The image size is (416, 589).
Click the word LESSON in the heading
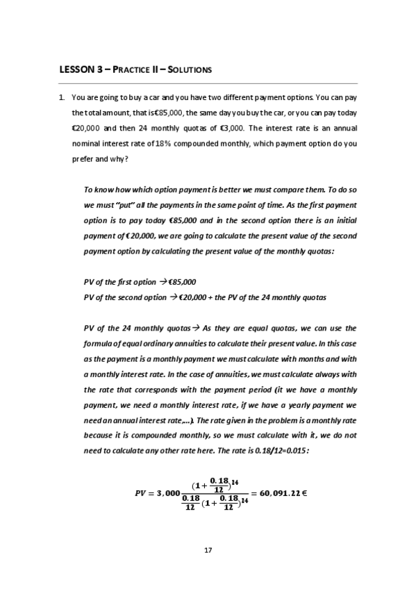pos(76,69)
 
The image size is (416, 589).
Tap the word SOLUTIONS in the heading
pos(188,69)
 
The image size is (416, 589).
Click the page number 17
pos(208,550)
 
